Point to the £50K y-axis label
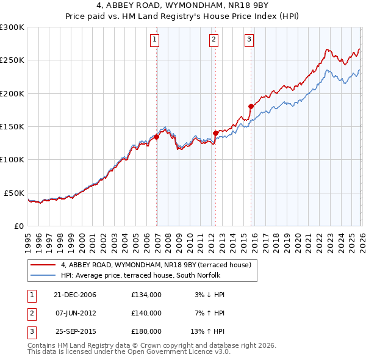pos(14,193)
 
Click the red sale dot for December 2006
pos(157,137)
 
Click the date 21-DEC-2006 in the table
pos(75,295)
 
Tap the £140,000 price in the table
pos(146,313)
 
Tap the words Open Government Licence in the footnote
pos(178,351)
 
